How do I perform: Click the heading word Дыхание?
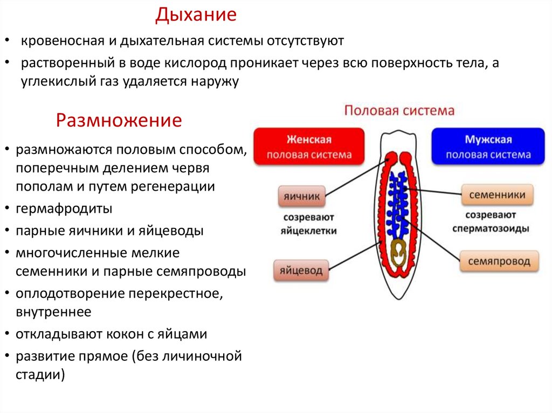196,15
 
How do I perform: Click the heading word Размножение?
119,120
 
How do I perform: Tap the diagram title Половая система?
399,111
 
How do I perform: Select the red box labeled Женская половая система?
309,146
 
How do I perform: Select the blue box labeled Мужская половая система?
488,146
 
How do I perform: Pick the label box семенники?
496,195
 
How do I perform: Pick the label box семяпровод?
499,262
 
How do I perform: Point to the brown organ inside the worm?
399,253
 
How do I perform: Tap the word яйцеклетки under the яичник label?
308,231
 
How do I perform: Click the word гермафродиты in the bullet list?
64,208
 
